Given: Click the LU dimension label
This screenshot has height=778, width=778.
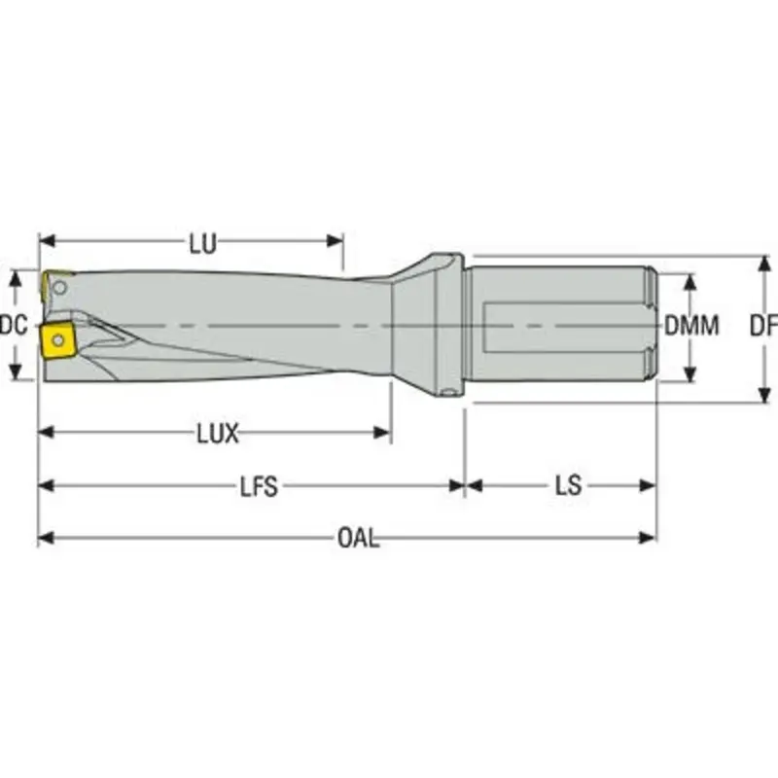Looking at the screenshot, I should pos(202,244).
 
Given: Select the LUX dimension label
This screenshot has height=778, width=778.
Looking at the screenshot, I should pos(217,434).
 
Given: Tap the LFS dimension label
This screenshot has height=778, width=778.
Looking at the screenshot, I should pos(259,486).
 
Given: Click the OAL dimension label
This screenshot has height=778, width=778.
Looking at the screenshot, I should pos(359,538).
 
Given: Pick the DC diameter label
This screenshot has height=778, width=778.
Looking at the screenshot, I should pos(13,327).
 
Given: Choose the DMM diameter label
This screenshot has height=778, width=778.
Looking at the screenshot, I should pos(691,327).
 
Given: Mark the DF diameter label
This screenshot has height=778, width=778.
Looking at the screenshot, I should pos(763,327).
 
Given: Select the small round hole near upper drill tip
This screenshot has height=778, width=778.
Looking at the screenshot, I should pos(61,288).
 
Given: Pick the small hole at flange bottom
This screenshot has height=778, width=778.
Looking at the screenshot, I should pos(448,393).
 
